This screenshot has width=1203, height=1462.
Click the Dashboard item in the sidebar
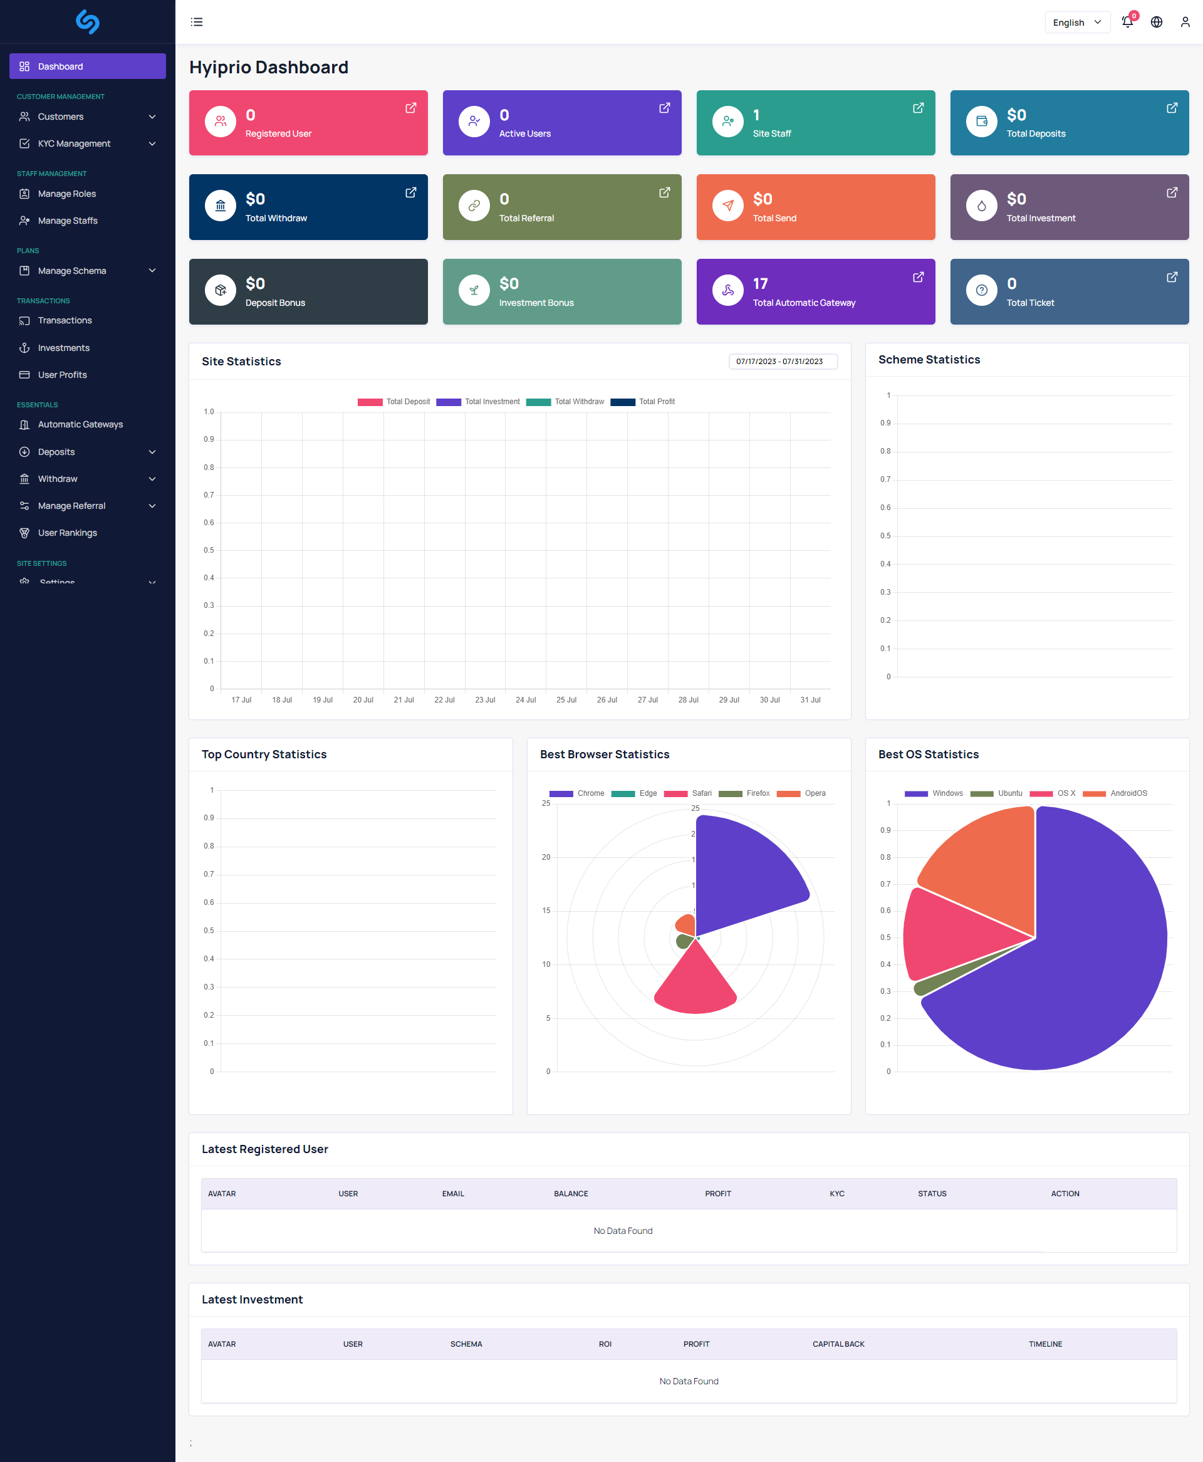pyautogui.click(x=87, y=66)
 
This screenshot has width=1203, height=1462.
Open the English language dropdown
pyautogui.click(x=1076, y=22)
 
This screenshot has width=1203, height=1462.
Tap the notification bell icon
pyautogui.click(x=1127, y=22)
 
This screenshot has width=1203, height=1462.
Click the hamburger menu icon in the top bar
pyautogui.click(x=197, y=22)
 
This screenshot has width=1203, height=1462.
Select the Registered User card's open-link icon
pyautogui.click(x=411, y=108)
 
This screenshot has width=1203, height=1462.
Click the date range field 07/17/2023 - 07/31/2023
pyautogui.click(x=783, y=362)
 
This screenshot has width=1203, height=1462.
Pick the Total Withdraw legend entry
pyautogui.click(x=565, y=402)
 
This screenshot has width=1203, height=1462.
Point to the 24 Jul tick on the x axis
pyautogui.click(x=526, y=700)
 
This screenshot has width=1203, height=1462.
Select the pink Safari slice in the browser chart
pyautogui.click(x=695, y=984)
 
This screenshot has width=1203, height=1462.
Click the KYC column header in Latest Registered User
pyautogui.click(x=836, y=1194)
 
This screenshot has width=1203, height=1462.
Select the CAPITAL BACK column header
pyautogui.click(x=838, y=1344)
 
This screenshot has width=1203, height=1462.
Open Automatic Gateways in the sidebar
pyautogui.click(x=80, y=424)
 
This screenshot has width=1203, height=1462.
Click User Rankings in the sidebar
pyautogui.click(x=67, y=533)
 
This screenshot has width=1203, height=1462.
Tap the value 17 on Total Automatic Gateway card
pyautogui.click(x=760, y=283)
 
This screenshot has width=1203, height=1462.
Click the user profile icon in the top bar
pyautogui.click(x=1185, y=22)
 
